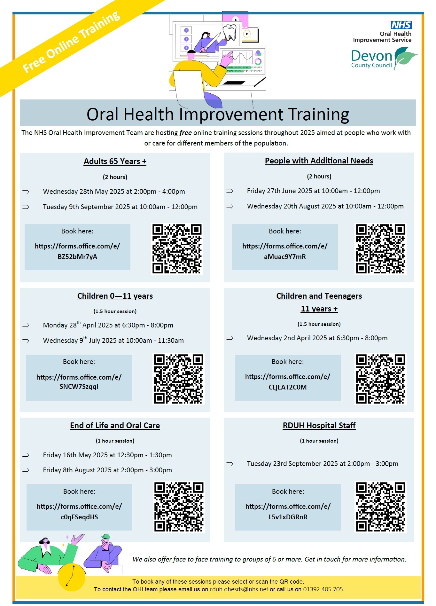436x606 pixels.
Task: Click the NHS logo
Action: tap(401, 25)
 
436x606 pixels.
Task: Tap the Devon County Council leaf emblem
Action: tap(405, 58)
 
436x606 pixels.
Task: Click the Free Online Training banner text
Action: tap(71, 42)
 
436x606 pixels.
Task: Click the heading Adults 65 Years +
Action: tap(115, 161)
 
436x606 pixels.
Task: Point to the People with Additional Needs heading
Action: tap(319, 161)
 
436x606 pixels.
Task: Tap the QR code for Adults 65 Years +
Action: tap(177, 249)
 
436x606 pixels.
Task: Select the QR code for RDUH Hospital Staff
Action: tap(380, 507)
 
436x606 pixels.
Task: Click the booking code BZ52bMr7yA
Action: tap(77, 257)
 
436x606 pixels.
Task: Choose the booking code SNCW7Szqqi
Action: tap(79, 387)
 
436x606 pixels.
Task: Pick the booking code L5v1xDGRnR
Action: tap(288, 517)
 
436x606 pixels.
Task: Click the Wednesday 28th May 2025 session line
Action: tap(114, 192)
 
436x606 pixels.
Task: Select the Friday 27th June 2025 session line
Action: tap(313, 191)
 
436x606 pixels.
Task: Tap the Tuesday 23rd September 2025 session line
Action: tap(323, 464)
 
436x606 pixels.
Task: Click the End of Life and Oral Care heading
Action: tap(115, 425)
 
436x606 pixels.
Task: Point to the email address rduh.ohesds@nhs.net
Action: tap(239, 589)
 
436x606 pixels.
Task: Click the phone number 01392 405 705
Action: tap(323, 589)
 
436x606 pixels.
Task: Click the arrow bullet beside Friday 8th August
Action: tap(26, 470)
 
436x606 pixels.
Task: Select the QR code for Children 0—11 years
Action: tap(179, 379)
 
